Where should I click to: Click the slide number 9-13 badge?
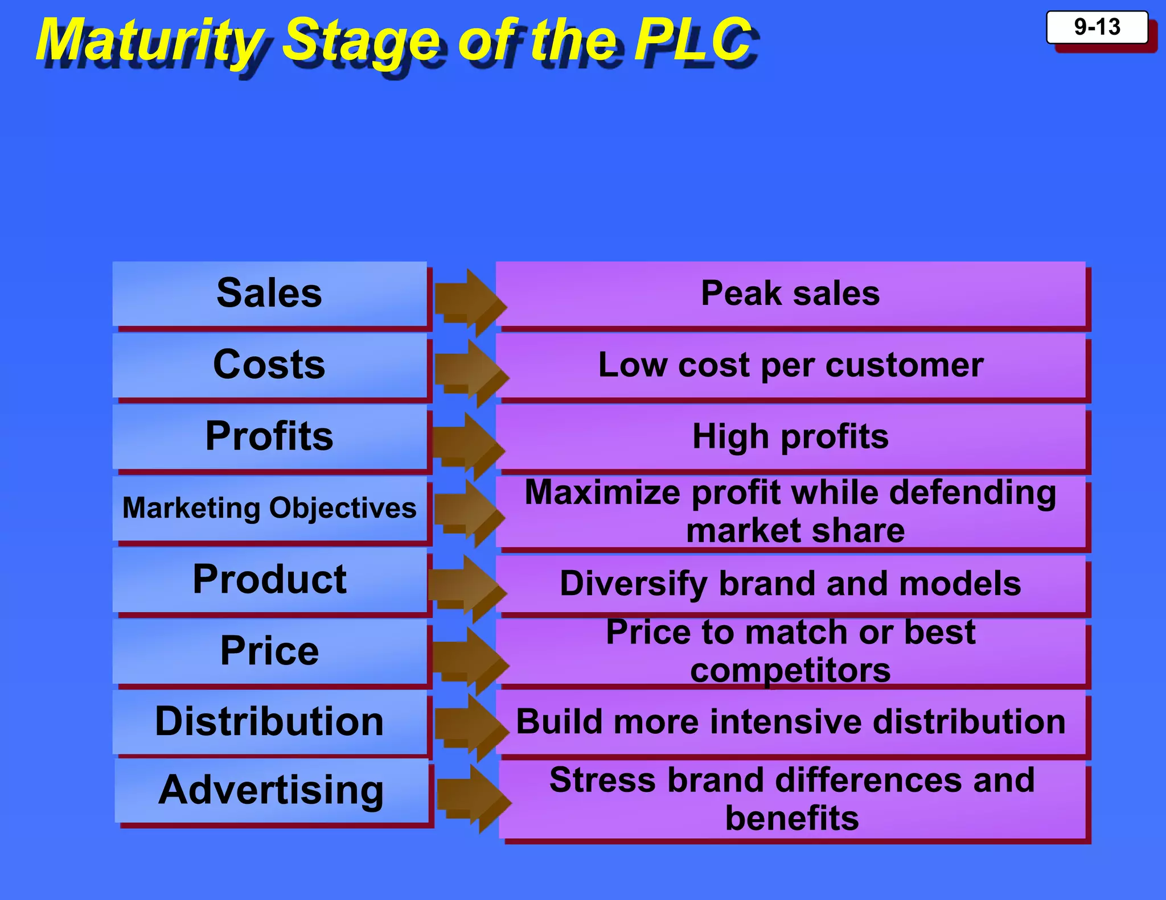click(x=1097, y=27)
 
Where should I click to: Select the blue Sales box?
click(x=269, y=294)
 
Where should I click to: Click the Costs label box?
click(x=269, y=365)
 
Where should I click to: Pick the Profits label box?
click(x=269, y=436)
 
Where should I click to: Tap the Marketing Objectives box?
click(x=269, y=507)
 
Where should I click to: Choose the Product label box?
click(x=269, y=579)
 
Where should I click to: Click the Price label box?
click(x=269, y=650)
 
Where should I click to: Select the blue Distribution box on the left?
click(x=269, y=721)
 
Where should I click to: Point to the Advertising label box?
click(x=271, y=790)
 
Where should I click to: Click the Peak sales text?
click(x=790, y=294)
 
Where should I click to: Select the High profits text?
click(x=790, y=436)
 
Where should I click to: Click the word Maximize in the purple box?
click(x=602, y=492)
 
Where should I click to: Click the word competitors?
click(x=790, y=670)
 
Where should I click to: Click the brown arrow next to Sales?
click(x=470, y=302)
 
